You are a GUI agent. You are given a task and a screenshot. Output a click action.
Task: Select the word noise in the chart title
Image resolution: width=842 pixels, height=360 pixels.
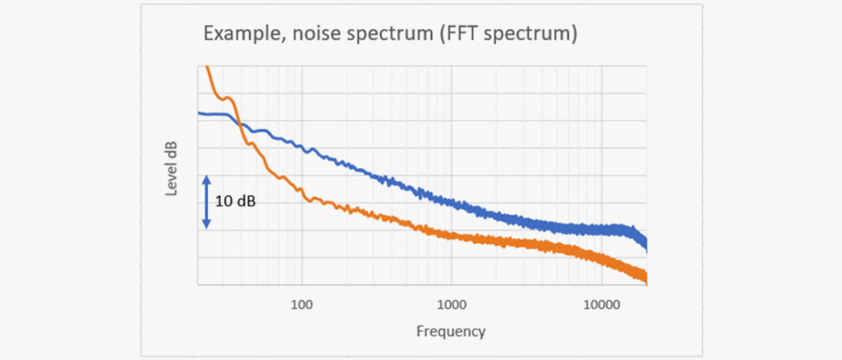305,36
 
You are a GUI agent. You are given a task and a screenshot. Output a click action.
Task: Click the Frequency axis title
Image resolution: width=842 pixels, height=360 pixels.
451,331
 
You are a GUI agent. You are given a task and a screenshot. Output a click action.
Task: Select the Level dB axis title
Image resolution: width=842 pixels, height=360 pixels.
173,168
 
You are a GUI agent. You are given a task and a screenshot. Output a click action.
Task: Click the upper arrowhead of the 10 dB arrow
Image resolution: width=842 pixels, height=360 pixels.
206,176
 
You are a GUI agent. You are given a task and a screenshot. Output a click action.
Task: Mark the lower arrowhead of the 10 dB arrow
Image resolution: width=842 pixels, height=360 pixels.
206,226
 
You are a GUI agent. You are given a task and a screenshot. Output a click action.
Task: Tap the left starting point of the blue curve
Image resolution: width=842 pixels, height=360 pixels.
198,113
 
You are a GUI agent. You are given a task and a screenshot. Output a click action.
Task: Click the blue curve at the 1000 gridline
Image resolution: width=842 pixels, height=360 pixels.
451,202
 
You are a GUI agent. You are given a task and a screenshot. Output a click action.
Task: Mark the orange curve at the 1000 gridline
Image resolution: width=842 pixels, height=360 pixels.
451,236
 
